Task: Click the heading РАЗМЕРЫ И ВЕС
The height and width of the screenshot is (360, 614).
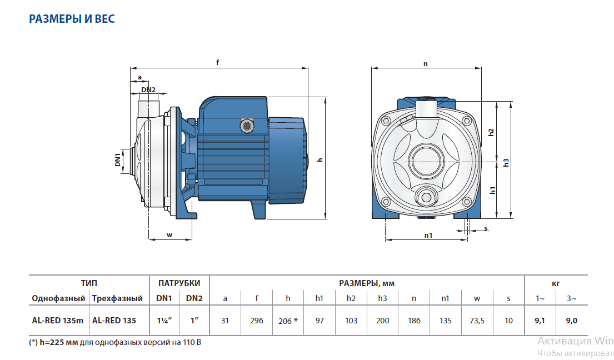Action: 72,19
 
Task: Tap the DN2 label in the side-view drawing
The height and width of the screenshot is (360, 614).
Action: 148,90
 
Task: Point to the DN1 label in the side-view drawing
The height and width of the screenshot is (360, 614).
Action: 118,160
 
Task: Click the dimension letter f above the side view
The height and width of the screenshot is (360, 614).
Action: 218,63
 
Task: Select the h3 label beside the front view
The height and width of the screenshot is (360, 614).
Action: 506,162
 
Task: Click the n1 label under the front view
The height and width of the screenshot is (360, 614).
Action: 428,235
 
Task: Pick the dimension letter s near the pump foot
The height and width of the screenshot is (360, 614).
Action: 486,228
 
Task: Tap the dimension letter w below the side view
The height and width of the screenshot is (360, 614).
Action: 169,235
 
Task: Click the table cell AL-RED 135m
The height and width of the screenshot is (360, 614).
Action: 57,321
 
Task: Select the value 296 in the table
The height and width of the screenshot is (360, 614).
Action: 256,321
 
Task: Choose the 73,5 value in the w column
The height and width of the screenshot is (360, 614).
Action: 477,321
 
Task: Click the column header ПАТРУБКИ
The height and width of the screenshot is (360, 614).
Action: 179,283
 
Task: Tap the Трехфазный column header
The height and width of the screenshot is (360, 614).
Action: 117,298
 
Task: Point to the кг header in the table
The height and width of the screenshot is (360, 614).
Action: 556,283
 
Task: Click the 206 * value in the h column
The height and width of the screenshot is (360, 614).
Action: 288,321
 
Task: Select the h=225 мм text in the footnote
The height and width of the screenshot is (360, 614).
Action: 58,342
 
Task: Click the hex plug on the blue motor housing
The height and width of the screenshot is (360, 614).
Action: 245,125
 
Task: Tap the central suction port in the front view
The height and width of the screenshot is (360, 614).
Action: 427,162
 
